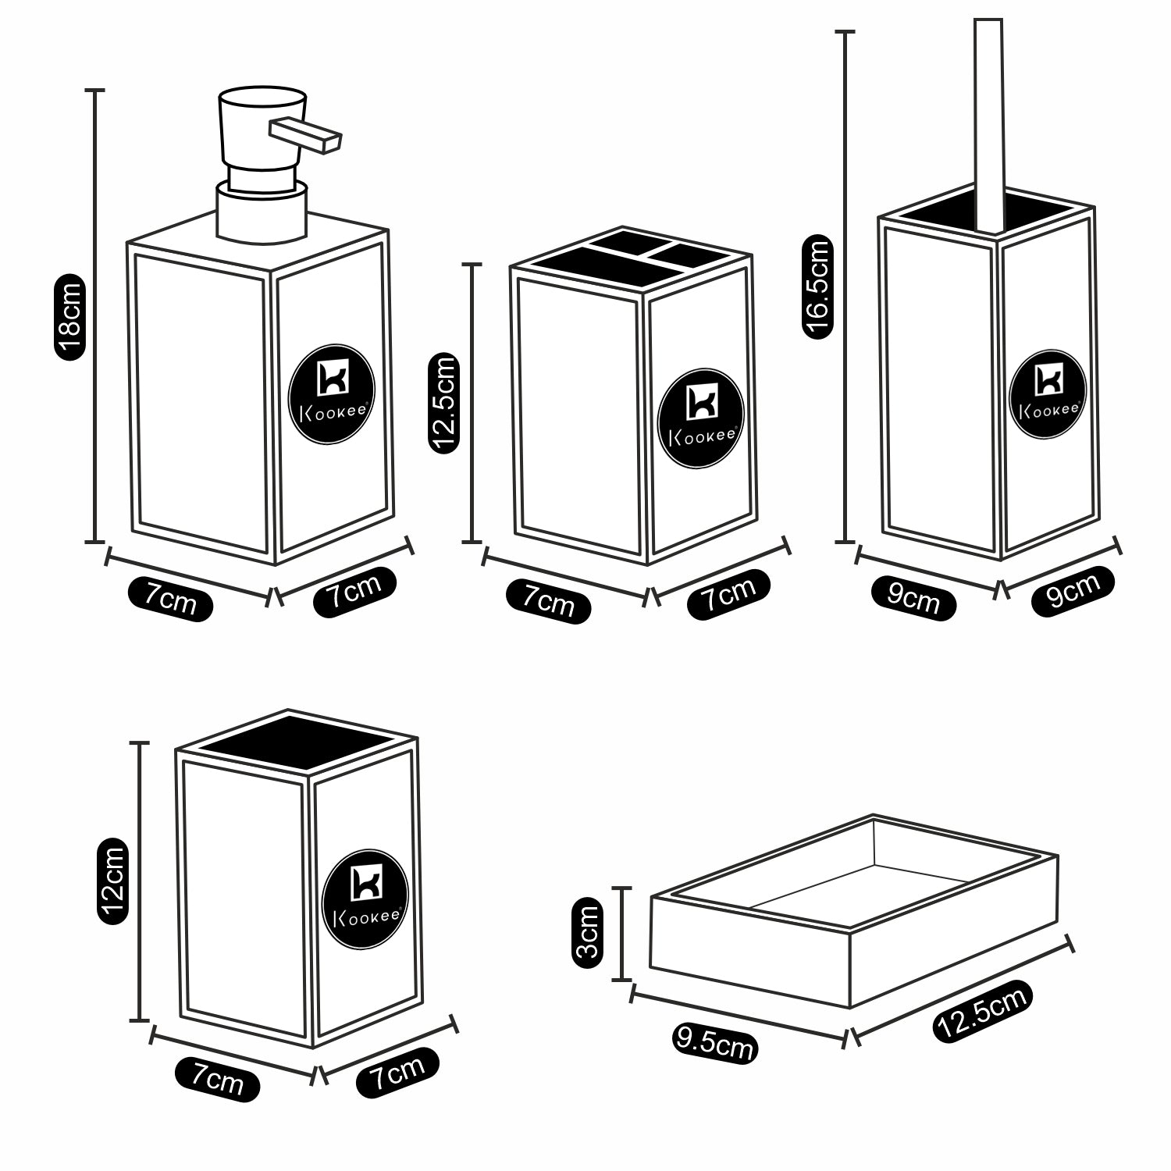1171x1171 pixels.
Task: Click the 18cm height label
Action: click(x=69, y=317)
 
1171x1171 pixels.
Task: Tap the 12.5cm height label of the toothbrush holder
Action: click(x=443, y=403)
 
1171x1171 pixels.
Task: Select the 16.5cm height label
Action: click(x=817, y=288)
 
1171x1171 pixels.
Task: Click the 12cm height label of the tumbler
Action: click(x=112, y=881)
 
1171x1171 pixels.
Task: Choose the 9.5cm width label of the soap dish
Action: click(x=714, y=1043)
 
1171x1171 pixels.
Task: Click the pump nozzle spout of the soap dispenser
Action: click(x=305, y=133)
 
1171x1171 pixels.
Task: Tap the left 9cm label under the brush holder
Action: click(x=913, y=600)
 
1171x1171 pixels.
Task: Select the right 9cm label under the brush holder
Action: click(x=1072, y=590)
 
